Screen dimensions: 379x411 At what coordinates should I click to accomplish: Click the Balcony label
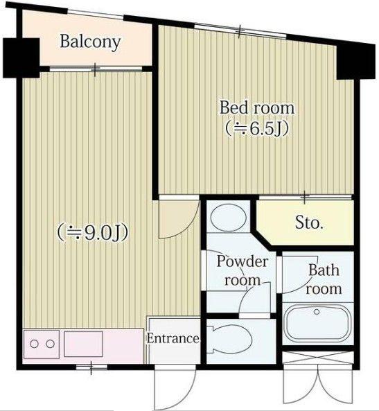[x=90, y=42]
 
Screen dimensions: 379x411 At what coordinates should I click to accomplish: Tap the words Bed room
[x=257, y=107]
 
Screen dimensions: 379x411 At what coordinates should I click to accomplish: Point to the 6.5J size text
[x=257, y=129]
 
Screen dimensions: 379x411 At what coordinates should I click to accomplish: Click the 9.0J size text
[x=93, y=232]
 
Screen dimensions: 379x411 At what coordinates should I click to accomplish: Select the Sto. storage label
[x=309, y=222]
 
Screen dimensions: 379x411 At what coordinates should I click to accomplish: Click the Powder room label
[x=243, y=271]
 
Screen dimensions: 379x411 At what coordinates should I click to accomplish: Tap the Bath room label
[x=324, y=279]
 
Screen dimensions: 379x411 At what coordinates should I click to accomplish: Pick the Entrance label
[x=173, y=338]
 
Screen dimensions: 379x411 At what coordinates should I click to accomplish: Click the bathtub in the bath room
[x=318, y=324]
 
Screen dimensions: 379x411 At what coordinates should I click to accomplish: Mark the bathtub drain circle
[x=317, y=312]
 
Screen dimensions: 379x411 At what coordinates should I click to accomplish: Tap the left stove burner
[x=34, y=344]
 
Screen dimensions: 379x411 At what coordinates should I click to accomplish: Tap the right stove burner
[x=51, y=344]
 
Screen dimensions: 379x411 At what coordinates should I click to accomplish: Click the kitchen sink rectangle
[x=83, y=344]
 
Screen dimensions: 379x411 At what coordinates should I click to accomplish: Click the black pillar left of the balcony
[x=21, y=58]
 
